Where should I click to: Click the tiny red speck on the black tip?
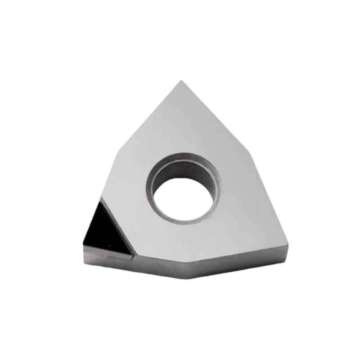(x=109, y=246)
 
